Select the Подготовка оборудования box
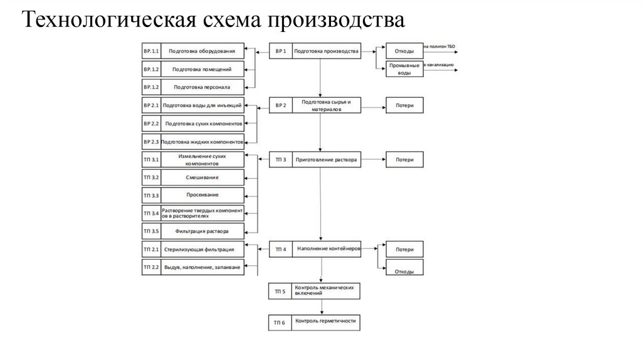202,51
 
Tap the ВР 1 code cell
280,51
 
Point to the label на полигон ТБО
441,46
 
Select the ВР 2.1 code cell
151,105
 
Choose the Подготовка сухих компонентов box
202,124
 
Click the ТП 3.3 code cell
151,195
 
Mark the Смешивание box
202,177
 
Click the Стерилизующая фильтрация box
202,250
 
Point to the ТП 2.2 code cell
151,267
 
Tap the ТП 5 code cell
280,291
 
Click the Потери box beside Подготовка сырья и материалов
404,105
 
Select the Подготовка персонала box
202,87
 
